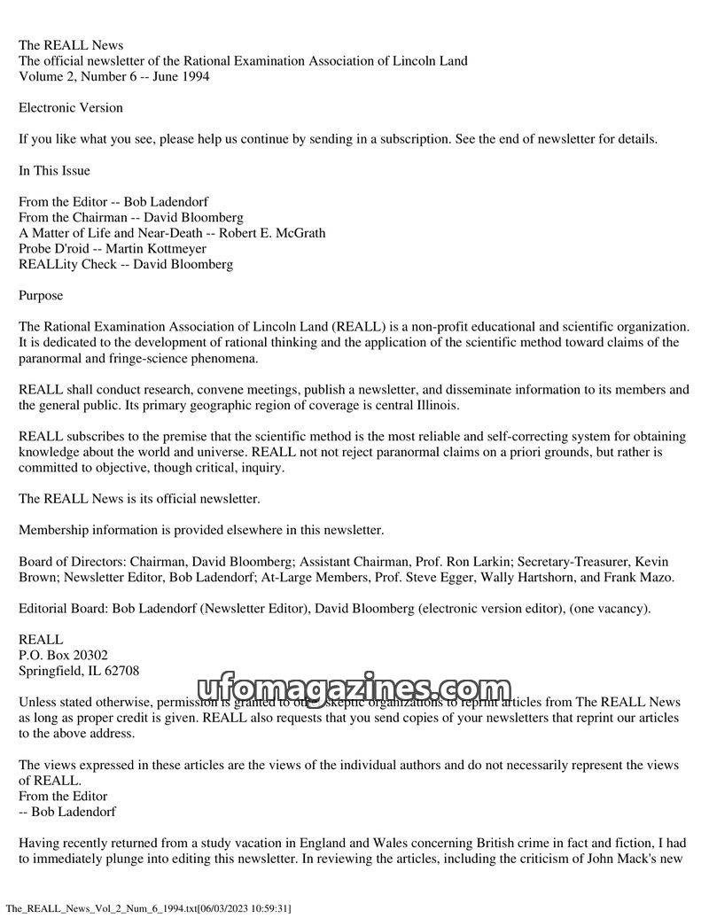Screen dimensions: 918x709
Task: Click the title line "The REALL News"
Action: [71, 45]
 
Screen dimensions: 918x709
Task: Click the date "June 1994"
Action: [178, 76]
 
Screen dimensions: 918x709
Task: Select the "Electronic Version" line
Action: [71, 107]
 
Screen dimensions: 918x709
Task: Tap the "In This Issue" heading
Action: [54, 170]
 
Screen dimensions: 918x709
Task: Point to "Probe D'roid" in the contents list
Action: [52, 249]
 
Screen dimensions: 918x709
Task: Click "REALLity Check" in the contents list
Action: [61, 264]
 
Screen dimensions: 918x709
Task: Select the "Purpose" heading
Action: [41, 295]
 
